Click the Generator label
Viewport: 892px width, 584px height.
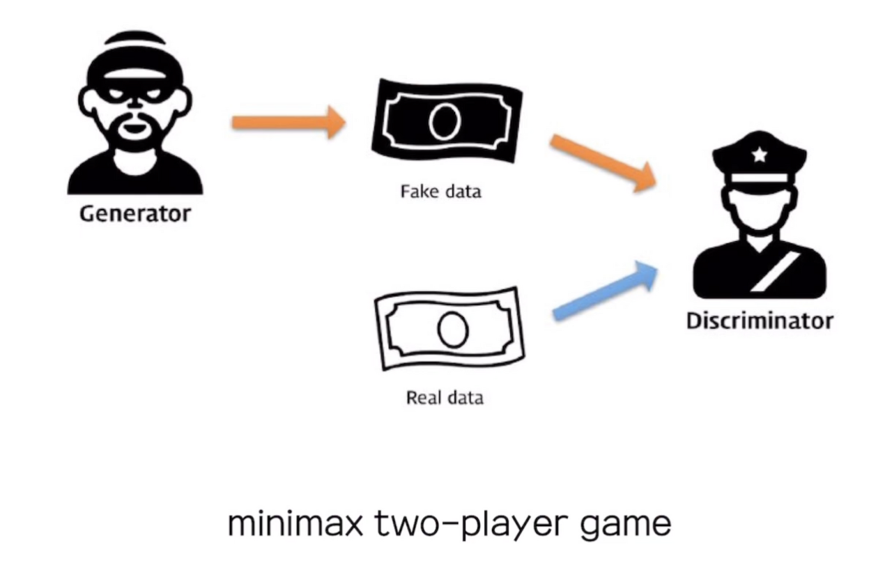coord(134,213)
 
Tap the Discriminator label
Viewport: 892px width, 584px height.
coord(759,321)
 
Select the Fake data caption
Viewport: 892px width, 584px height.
coord(440,191)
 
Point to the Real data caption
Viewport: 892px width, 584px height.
coord(445,398)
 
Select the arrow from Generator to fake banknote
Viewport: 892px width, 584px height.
coord(289,123)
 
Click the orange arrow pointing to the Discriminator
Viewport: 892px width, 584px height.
coord(603,163)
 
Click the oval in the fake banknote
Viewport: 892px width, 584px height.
coord(445,121)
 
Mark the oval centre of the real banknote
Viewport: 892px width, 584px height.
coord(452,329)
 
